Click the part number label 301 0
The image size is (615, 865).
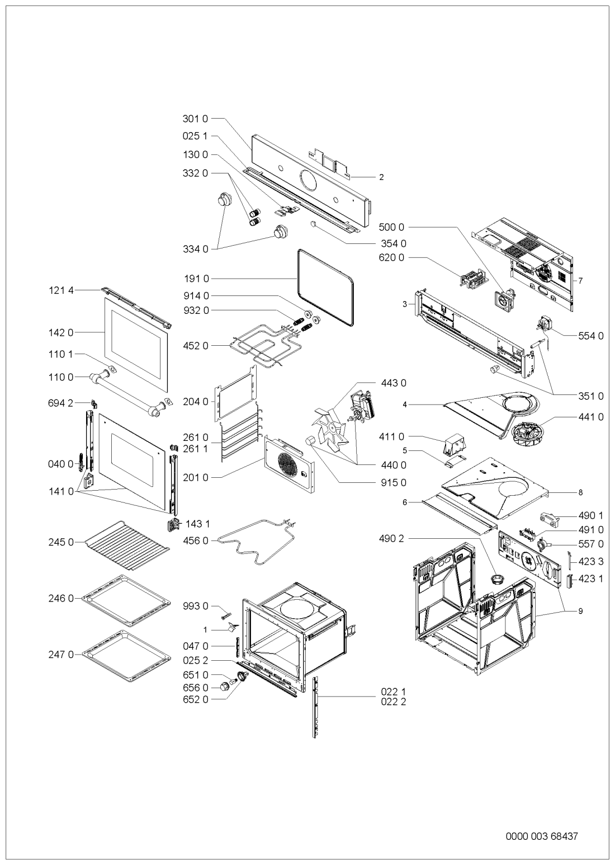pyautogui.click(x=195, y=119)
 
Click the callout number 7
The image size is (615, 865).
pyautogui.click(x=581, y=281)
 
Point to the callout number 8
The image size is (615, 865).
pyautogui.click(x=580, y=493)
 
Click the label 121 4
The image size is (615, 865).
pyautogui.click(x=60, y=290)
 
